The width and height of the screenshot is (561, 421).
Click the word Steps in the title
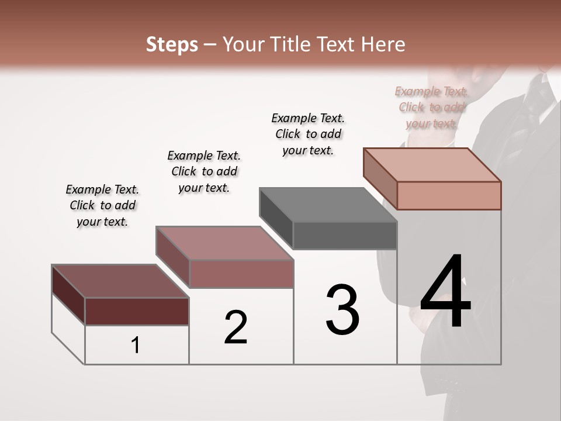[172, 44]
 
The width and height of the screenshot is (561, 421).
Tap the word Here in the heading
[383, 44]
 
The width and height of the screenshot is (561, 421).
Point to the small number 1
[136, 345]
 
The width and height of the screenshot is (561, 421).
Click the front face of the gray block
[345, 236]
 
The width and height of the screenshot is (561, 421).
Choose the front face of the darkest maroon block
[137, 311]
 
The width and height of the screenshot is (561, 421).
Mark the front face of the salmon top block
[449, 195]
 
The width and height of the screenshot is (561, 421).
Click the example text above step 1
[102, 205]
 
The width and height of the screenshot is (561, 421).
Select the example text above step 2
[204, 171]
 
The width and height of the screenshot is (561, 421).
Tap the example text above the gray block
[308, 134]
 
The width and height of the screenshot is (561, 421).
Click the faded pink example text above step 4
[432, 107]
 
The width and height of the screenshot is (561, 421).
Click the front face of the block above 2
[241, 274]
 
